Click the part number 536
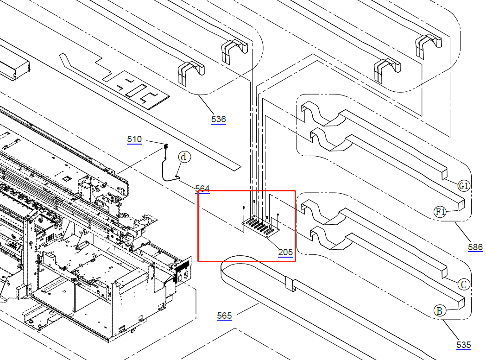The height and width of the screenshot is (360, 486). click(x=219, y=120)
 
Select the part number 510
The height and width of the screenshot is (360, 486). click(x=134, y=139)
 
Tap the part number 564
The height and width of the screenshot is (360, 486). click(x=202, y=189)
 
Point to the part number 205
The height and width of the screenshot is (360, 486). click(x=285, y=253)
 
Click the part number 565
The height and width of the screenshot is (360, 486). click(x=224, y=316)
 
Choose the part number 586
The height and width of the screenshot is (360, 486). click(x=475, y=247)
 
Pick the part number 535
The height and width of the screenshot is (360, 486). click(x=463, y=345)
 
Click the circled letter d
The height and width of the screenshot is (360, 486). click(x=184, y=157)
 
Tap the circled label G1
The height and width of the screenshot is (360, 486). click(x=464, y=186)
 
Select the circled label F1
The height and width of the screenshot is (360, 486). click(x=440, y=212)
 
